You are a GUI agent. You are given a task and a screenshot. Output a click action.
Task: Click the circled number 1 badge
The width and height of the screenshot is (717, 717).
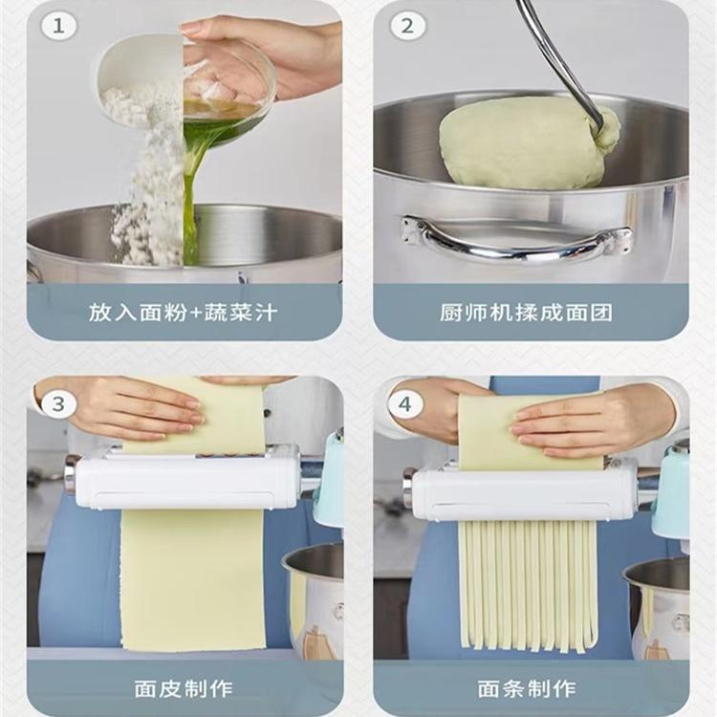58,26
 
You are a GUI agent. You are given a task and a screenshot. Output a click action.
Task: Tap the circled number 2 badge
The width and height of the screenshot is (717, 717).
407,26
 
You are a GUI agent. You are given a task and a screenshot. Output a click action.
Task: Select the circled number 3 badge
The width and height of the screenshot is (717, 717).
58,404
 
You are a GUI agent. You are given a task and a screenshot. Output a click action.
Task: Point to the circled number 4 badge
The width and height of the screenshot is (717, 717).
405,404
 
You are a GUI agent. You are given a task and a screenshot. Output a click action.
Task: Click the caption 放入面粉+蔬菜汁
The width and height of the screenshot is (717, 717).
184,313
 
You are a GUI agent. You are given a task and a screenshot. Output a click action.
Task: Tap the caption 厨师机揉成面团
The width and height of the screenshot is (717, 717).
527,313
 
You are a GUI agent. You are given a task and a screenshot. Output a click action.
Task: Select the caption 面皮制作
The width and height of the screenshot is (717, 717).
184,689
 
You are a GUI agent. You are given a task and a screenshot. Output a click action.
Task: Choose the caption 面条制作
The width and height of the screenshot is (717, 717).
527,689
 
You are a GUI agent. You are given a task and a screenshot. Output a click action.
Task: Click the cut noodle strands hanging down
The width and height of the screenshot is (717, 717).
529,586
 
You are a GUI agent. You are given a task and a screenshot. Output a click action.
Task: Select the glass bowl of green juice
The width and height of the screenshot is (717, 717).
228,87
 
